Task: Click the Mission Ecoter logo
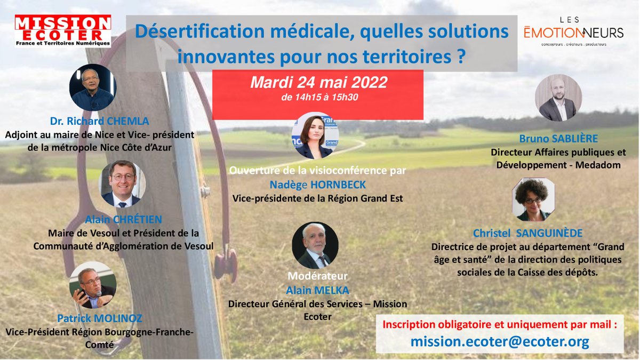click(x=63, y=31)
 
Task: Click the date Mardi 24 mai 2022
click(x=319, y=83)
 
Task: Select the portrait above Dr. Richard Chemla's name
click(x=92, y=88)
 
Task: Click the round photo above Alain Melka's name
click(x=315, y=245)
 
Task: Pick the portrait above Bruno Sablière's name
click(x=558, y=98)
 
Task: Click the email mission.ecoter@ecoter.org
click(x=500, y=341)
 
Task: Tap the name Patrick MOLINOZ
click(x=100, y=319)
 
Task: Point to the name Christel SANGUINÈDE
click(x=527, y=234)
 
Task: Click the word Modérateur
click(x=317, y=276)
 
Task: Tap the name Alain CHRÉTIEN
click(x=123, y=220)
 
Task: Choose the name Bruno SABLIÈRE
click(x=558, y=138)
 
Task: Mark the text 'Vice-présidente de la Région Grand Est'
click(x=318, y=198)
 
